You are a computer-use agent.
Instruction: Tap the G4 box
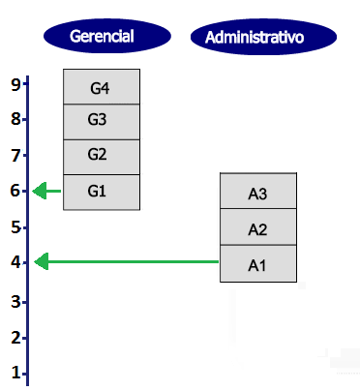click(101, 86)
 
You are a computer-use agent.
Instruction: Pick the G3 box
click(101, 121)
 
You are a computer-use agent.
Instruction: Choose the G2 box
click(101, 156)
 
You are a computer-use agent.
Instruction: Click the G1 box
click(101, 191)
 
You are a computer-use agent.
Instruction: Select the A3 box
click(257, 192)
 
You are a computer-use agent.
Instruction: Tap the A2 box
click(257, 228)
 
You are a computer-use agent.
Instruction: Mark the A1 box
click(257, 264)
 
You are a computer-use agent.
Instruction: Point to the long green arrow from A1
click(126, 261)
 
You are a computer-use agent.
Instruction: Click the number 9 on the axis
click(15, 84)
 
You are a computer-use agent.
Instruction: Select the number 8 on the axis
click(15, 120)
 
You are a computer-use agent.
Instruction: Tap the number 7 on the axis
click(15, 155)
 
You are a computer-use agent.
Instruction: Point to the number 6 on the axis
click(15, 191)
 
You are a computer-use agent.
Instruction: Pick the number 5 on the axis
click(15, 226)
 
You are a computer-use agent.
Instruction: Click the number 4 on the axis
click(15, 262)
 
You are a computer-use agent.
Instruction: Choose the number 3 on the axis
click(15, 301)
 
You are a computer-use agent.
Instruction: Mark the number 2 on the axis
click(15, 337)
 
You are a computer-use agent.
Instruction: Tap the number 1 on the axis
click(15, 372)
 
